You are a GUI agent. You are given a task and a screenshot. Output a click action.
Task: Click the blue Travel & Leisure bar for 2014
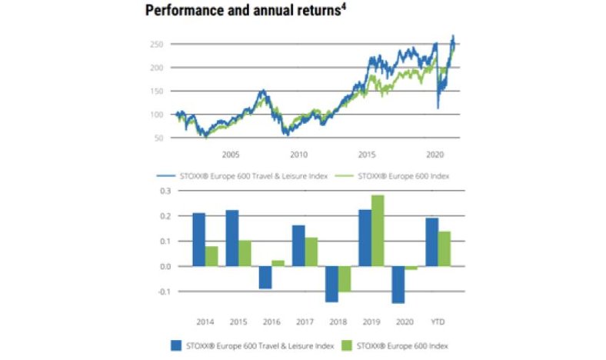pyautogui.click(x=198, y=239)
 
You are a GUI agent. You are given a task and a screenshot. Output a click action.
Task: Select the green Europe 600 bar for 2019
pyautogui.click(x=377, y=231)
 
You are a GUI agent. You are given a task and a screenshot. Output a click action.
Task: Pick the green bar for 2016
pyautogui.click(x=278, y=263)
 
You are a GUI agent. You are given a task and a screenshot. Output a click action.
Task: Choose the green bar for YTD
pyautogui.click(x=445, y=248)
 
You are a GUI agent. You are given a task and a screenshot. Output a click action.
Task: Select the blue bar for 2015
pyautogui.click(x=231, y=238)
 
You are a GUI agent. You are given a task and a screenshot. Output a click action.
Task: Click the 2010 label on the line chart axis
pyautogui.click(x=298, y=154)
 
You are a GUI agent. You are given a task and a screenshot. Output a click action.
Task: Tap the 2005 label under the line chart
pyautogui.click(x=230, y=154)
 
